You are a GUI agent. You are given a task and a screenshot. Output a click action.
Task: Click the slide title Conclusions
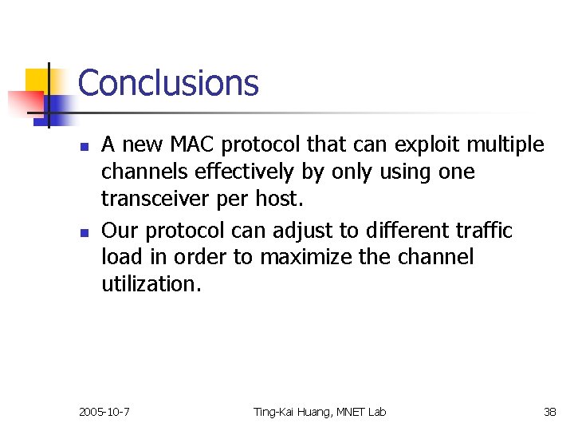point(168,83)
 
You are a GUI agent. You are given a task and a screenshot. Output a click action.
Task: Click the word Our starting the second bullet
point(118,231)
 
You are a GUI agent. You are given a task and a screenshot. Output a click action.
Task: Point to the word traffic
point(484,231)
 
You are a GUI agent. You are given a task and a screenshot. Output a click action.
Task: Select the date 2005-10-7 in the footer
point(105,412)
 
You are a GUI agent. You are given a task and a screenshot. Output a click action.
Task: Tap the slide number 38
point(550,412)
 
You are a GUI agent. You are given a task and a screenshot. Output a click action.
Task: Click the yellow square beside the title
point(38,82)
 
